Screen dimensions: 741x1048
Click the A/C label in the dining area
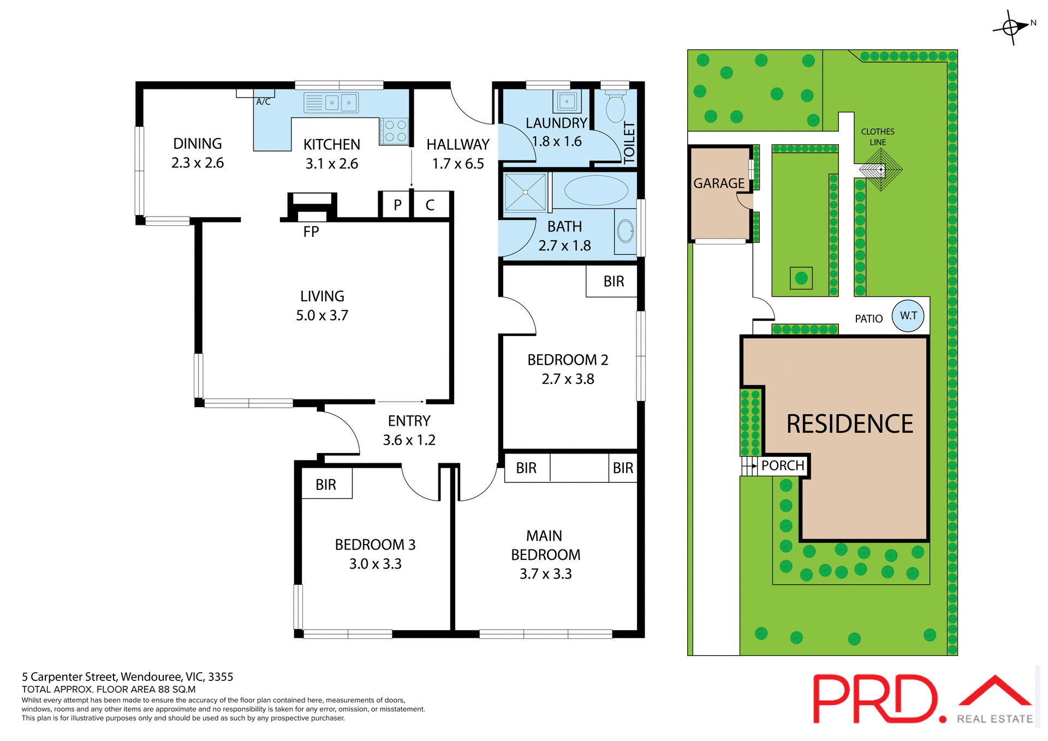click(x=264, y=102)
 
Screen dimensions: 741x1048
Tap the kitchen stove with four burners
click(x=395, y=131)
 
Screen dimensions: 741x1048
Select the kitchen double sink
click(x=341, y=103)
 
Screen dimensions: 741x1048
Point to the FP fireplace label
click(x=311, y=232)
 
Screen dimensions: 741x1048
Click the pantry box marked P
click(x=397, y=205)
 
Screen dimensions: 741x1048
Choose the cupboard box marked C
click(x=430, y=205)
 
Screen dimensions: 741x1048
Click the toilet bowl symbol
click(x=616, y=107)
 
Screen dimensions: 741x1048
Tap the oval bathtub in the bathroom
click(x=596, y=190)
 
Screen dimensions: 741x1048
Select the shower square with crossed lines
click(x=525, y=192)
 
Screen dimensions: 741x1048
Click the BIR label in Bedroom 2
click(x=614, y=282)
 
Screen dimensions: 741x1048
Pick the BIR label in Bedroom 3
click(x=326, y=485)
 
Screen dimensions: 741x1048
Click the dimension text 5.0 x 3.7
click(x=322, y=315)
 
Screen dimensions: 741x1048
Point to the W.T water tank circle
click(x=908, y=315)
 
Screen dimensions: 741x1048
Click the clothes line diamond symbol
click(x=881, y=170)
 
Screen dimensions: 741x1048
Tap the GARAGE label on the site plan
click(x=719, y=183)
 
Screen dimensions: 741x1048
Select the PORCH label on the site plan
click(x=783, y=465)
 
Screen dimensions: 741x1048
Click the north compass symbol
click(x=1011, y=27)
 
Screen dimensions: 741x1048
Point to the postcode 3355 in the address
click(x=221, y=677)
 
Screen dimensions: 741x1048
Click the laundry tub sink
click(x=567, y=101)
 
